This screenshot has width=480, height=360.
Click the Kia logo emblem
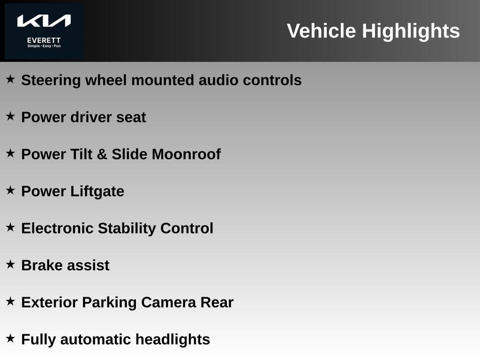[x=44, y=21]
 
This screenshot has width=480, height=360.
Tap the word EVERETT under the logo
[x=44, y=40]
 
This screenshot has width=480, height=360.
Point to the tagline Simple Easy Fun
[x=44, y=46]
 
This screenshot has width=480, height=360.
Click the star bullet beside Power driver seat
[x=10, y=116]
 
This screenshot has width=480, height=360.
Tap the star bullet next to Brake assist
[x=10, y=264]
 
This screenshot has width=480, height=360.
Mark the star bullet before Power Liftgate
[x=10, y=190]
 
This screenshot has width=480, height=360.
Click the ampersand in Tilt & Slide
[x=102, y=154]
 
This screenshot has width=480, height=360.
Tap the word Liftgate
[x=97, y=191]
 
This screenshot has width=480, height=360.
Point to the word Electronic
[x=57, y=228]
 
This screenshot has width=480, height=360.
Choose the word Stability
[x=127, y=229]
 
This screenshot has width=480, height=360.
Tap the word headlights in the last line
[x=172, y=339]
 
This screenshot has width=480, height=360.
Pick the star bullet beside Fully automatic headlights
[x=10, y=338]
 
